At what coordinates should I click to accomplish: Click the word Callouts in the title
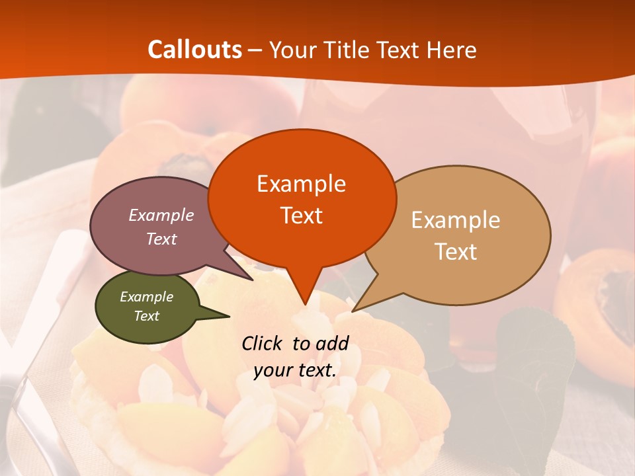coord(194,50)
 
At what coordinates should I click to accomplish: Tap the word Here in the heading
coord(452,50)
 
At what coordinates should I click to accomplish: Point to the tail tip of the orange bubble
coord(305,303)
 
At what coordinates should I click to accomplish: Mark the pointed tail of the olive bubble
coord(228,316)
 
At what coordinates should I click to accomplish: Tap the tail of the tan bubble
coord(355,309)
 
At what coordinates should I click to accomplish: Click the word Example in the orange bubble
coord(301,183)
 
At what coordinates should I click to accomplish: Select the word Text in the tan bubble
coord(456,252)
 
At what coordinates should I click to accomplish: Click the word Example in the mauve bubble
coord(161,215)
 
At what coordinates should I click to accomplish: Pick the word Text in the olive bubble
coord(146,316)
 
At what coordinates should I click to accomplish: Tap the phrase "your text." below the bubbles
coord(295,370)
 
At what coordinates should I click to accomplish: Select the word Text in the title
coord(398,50)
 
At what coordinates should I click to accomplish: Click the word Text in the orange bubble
coord(301,216)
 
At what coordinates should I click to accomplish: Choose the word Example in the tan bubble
coord(456,220)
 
